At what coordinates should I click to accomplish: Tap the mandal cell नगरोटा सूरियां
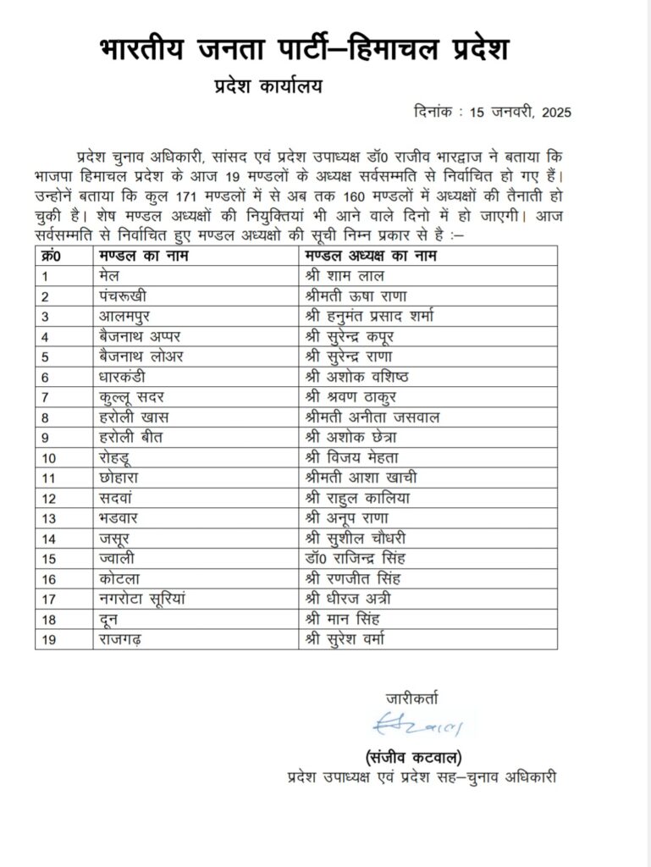point(144,599)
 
